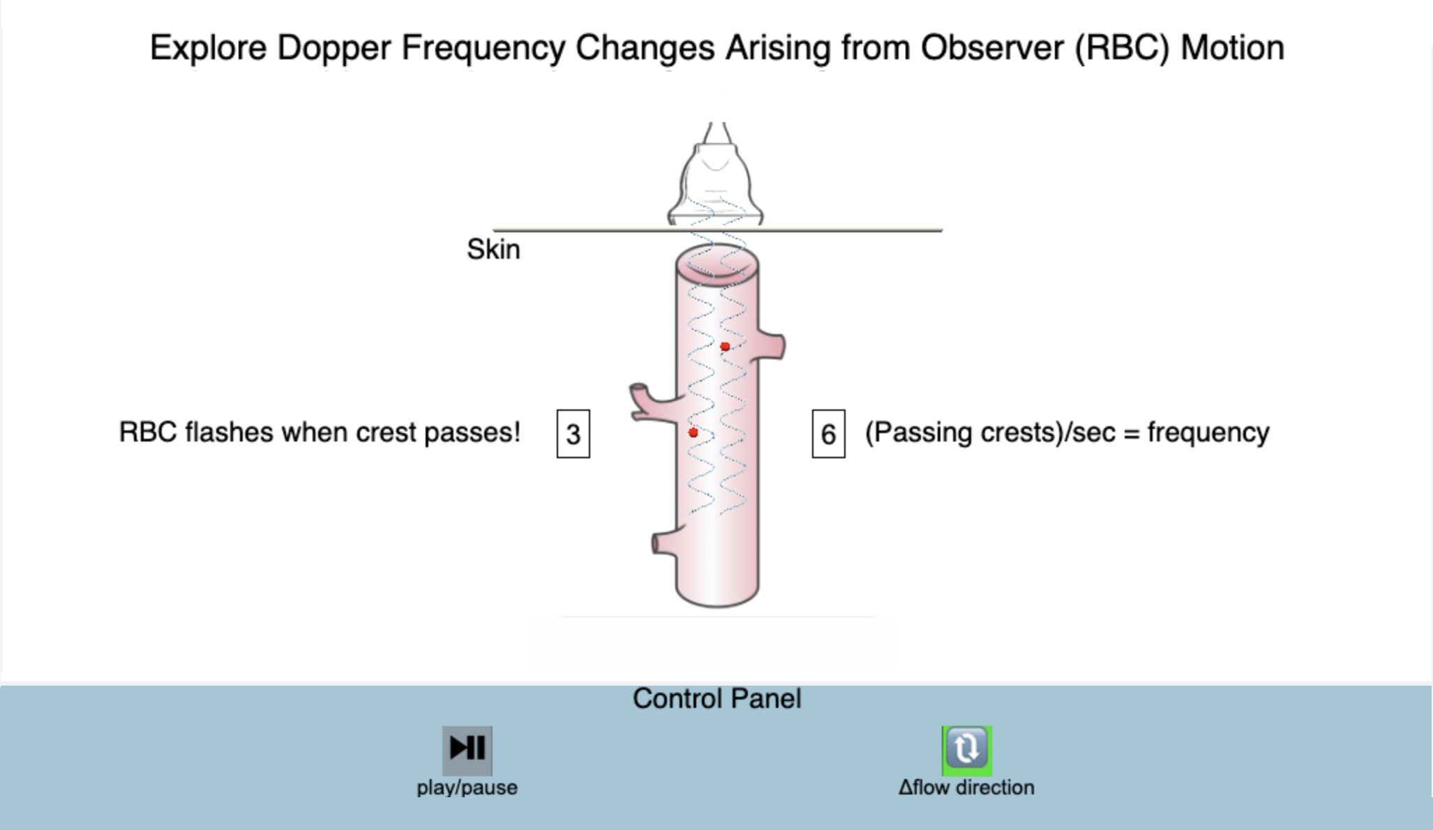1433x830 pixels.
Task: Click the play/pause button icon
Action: point(467,750)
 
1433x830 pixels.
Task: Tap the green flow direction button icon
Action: point(967,750)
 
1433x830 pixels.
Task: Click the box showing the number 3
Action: point(573,434)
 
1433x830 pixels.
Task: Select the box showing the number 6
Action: point(829,434)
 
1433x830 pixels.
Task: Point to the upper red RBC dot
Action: point(725,347)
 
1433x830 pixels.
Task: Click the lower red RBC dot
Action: point(693,433)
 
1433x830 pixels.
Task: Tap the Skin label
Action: point(493,250)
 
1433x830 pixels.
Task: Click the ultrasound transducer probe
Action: point(716,174)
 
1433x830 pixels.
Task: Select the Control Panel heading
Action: point(717,699)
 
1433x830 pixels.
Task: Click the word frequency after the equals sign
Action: point(1208,433)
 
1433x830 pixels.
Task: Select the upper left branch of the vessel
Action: point(654,402)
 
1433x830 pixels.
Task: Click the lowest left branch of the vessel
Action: point(664,543)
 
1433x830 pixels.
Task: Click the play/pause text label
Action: point(467,788)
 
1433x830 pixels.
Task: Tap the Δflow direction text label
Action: point(966,787)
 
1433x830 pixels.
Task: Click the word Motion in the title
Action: point(1232,48)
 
